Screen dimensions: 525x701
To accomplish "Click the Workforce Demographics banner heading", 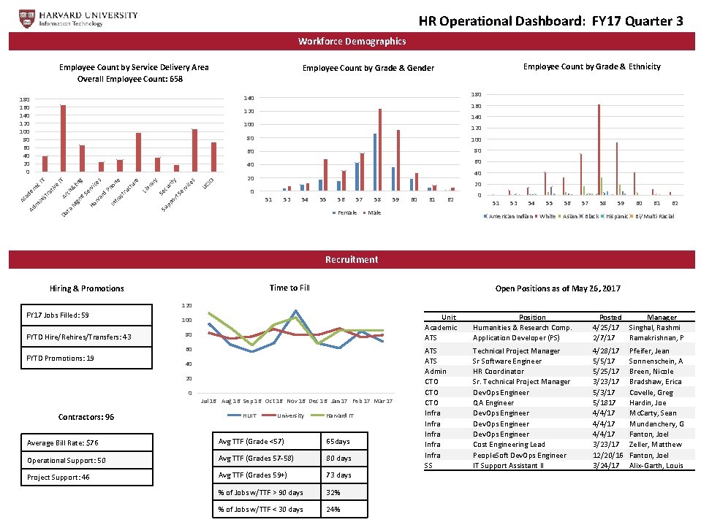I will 352,42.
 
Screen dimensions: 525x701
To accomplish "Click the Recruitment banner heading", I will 352,259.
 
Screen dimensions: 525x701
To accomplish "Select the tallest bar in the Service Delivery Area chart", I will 63,139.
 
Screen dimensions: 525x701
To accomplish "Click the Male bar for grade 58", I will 380,150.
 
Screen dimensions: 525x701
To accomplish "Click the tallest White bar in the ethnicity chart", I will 599,149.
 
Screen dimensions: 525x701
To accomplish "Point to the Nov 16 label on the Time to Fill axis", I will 296,401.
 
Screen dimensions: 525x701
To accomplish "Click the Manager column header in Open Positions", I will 662,317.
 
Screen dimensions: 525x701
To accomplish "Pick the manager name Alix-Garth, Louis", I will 656,465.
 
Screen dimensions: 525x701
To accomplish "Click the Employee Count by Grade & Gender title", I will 368,68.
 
